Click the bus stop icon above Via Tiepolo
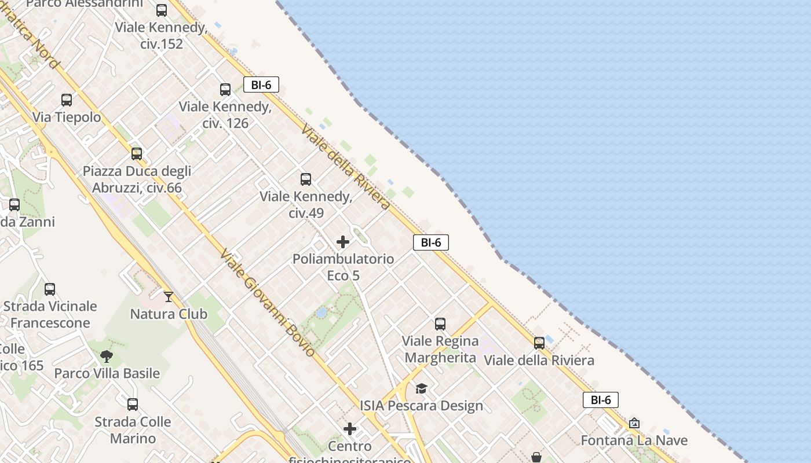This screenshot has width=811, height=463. pos(67,100)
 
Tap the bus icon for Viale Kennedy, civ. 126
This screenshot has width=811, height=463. pos(225,90)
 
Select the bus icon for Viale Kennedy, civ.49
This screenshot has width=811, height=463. pos(306,179)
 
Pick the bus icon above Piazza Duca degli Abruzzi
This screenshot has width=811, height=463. pos(137,154)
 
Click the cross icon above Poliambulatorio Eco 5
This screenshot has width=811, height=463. pos(343,242)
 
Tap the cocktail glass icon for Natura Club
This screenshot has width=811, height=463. pos(169,297)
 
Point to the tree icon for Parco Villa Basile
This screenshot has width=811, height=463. pos(106,357)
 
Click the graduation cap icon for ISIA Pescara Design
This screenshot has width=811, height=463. pos(421,388)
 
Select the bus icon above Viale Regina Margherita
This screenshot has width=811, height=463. pos(440,324)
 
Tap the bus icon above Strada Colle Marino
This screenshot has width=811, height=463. pos(133,405)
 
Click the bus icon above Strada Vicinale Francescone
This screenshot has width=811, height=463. pos(50,289)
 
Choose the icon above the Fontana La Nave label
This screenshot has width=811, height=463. pos(634,423)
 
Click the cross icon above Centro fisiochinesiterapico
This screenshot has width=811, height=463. pos(350,429)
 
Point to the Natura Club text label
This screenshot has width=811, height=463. pos(169,314)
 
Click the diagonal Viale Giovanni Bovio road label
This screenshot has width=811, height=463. pos(268,303)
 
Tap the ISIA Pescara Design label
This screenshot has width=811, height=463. pos(421,406)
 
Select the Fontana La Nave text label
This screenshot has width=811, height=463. pos(634,440)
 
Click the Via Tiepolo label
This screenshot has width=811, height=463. pos(67,117)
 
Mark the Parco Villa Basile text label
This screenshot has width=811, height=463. pos(107,373)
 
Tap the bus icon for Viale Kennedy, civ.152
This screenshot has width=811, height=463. pos(162,10)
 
